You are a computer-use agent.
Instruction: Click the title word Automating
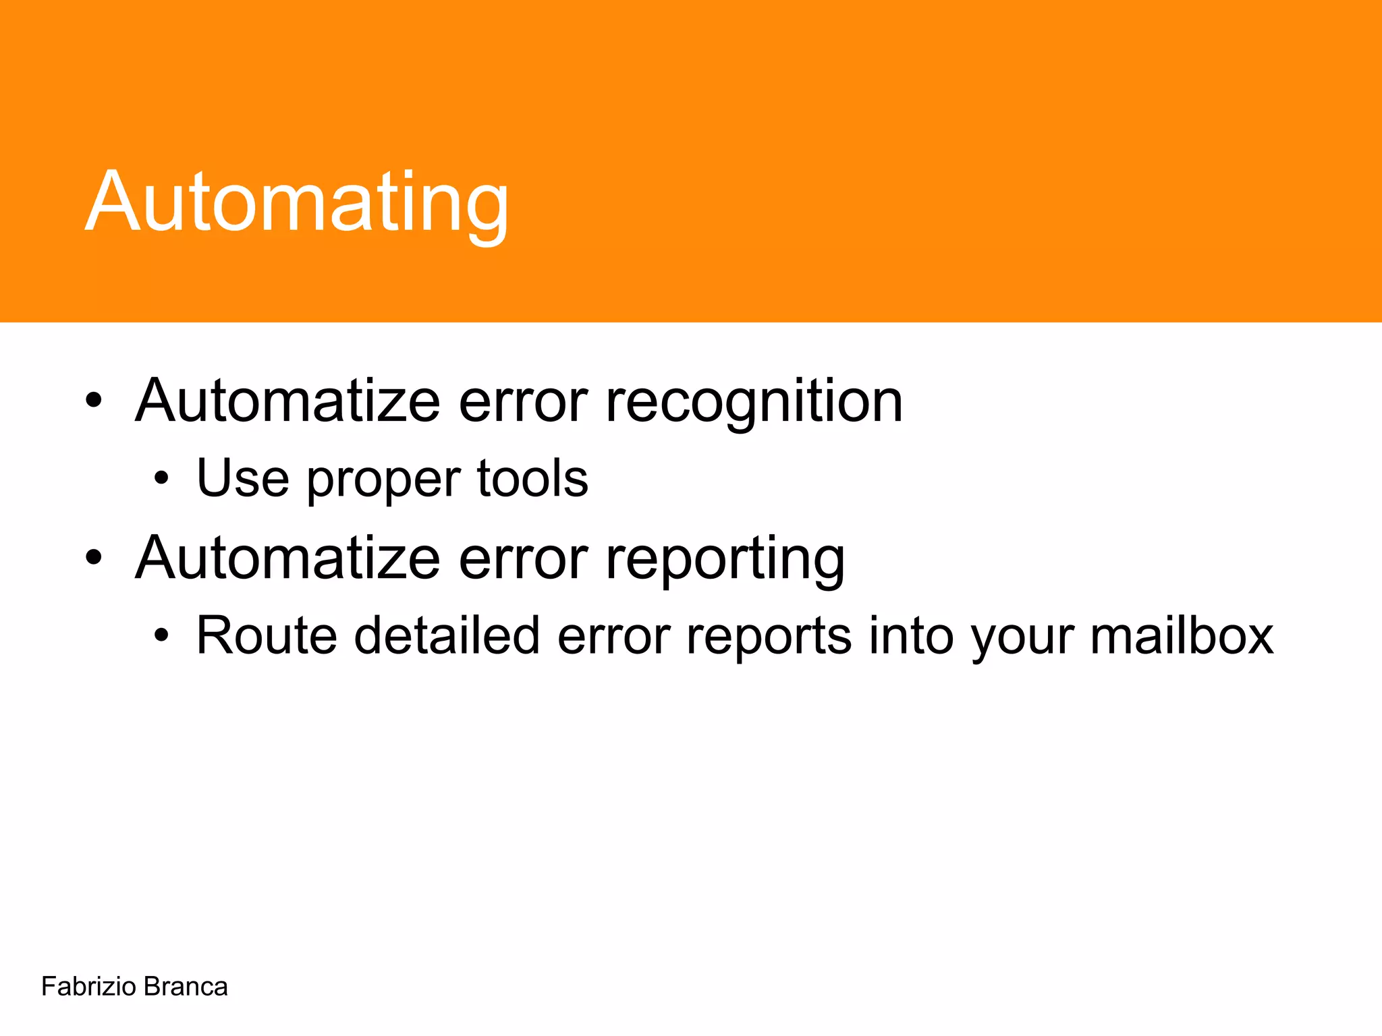297,202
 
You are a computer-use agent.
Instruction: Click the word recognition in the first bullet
754,403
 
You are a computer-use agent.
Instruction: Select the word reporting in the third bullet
725,560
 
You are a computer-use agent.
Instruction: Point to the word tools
532,478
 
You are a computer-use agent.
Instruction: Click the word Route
266,635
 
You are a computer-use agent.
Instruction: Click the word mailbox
1182,635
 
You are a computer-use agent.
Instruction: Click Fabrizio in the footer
88,987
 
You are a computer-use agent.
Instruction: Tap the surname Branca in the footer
186,987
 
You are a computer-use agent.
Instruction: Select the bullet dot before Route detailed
161,636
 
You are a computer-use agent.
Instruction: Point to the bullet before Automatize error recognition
94,402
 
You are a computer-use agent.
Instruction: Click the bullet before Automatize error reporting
94,558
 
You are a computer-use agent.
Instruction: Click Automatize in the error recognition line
287,402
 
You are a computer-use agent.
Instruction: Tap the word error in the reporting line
523,560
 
